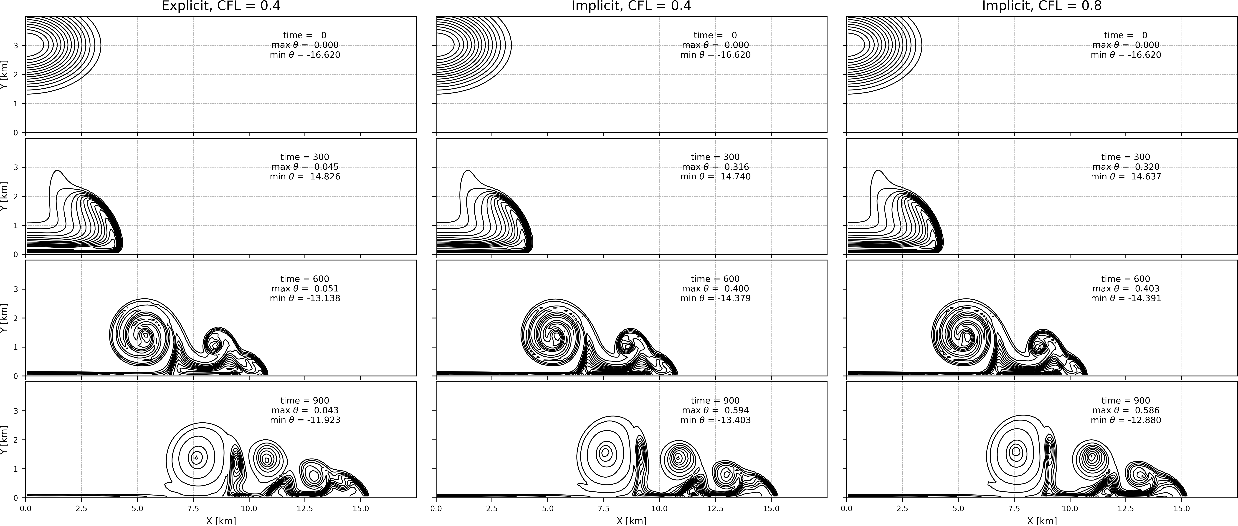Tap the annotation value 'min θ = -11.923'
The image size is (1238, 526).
click(x=305, y=420)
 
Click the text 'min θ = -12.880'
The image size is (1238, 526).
click(x=1126, y=420)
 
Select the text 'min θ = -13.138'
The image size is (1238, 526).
click(x=305, y=298)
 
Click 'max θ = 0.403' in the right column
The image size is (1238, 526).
click(x=1126, y=289)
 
